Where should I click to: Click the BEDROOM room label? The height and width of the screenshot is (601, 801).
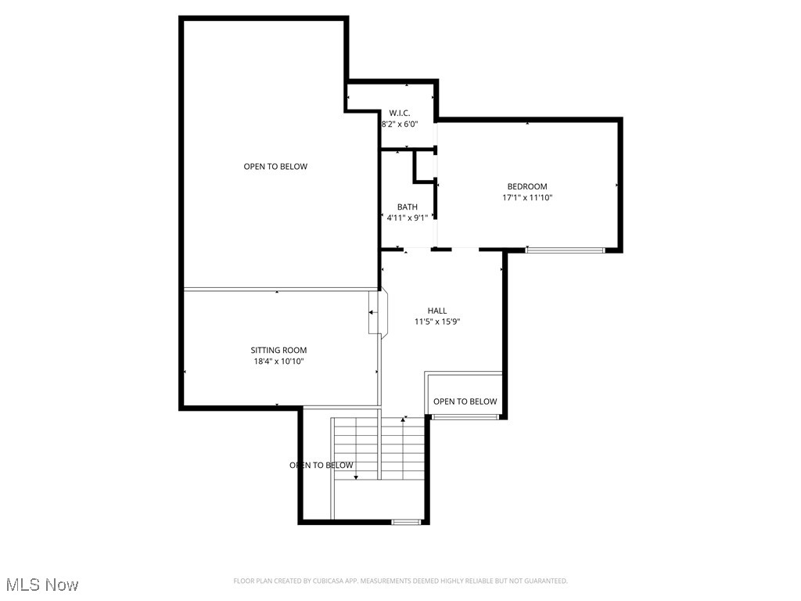coord(526,186)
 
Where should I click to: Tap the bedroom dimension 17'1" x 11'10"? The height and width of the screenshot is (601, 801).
coord(526,198)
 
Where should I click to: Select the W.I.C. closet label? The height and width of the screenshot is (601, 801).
coord(400,113)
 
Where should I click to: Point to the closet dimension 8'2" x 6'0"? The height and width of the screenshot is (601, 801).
coord(400,124)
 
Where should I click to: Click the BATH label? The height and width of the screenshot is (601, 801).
coord(407,207)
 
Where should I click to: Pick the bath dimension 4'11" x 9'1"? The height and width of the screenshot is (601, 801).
coord(407,218)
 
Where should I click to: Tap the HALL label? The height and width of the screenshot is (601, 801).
coord(436,311)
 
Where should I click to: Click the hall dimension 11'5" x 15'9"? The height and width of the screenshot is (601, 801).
coord(436,322)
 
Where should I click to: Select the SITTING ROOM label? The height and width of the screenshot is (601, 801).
coord(278,351)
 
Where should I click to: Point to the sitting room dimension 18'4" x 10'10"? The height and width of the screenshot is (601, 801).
coord(278,362)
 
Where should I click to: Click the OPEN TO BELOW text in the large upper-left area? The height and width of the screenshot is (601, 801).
coord(275,167)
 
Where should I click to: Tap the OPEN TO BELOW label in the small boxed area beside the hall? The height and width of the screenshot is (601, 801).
coord(465,401)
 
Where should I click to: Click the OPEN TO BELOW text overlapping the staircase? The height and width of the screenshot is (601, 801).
coord(321,466)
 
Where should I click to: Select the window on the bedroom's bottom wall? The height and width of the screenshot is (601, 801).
coord(565,250)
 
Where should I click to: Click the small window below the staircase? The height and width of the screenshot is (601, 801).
coord(405,521)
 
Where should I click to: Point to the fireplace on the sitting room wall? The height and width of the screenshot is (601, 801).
coord(375,313)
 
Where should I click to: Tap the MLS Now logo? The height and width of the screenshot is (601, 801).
coord(42,585)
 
